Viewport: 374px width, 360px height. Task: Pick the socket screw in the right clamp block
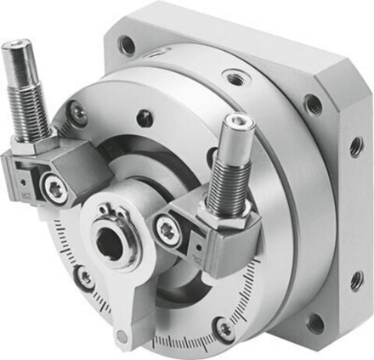(167, 228)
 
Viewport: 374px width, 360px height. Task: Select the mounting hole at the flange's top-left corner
(128, 45)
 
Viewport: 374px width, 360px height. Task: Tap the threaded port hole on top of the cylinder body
(234, 79)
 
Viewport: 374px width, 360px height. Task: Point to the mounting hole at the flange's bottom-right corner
(315, 323)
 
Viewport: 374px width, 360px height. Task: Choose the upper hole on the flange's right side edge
(355, 146)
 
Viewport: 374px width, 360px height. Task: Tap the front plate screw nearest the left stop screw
(78, 111)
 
